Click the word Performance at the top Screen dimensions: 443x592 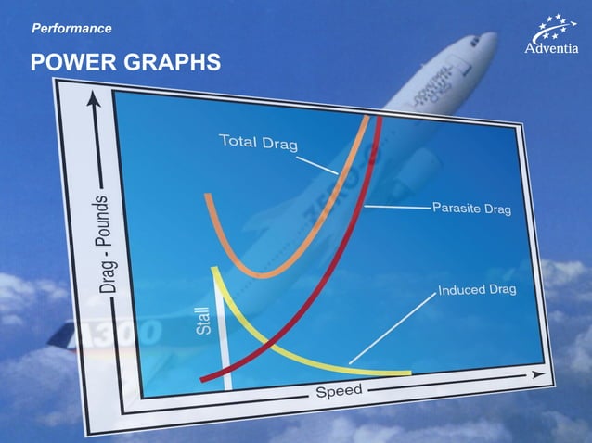[71, 29]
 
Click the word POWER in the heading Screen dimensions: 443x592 [72, 63]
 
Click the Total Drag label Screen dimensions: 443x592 [264, 143]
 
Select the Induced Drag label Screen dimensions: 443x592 [477, 290]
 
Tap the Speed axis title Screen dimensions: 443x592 [339, 392]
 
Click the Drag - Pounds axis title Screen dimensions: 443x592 [109, 245]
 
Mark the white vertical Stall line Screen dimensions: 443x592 [223, 334]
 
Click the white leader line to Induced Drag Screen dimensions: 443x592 [390, 329]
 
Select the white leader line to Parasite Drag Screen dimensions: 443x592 [399, 206]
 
